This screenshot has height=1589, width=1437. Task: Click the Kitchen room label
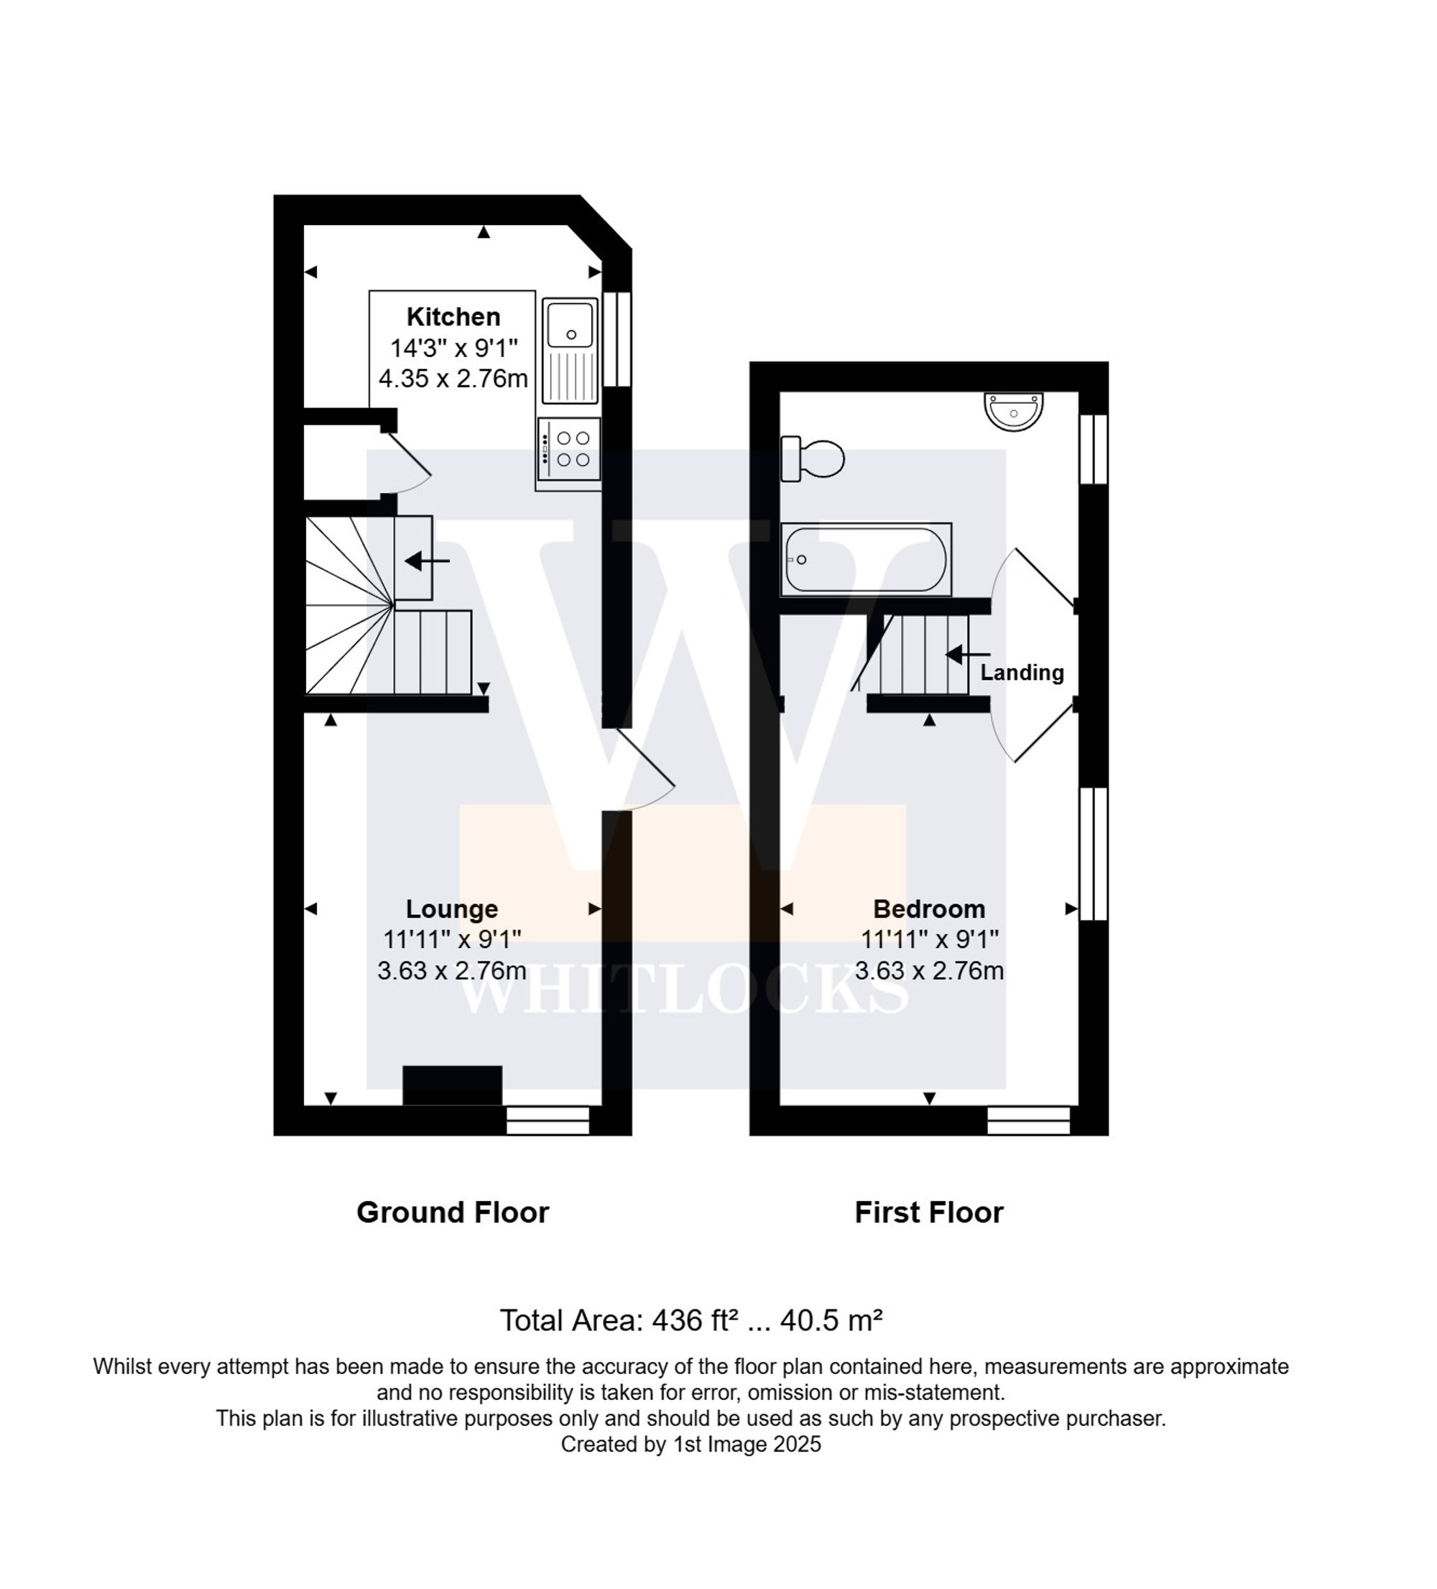click(x=453, y=317)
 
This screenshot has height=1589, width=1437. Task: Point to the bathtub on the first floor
click(x=865, y=560)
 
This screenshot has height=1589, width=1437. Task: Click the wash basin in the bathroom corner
click(x=1013, y=410)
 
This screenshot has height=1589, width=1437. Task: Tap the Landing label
click(x=1022, y=673)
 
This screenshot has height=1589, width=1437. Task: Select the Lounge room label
click(x=451, y=909)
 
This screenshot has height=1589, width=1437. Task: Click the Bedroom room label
click(x=929, y=909)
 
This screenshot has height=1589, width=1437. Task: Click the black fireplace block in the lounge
click(x=452, y=1085)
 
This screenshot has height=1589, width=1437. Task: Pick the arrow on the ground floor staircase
click(x=426, y=561)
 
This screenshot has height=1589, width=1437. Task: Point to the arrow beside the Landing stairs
click(x=966, y=654)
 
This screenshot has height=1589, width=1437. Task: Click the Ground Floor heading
click(x=452, y=1212)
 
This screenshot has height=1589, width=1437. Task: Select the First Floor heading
click(x=929, y=1212)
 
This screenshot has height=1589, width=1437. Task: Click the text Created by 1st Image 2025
click(x=690, y=1445)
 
